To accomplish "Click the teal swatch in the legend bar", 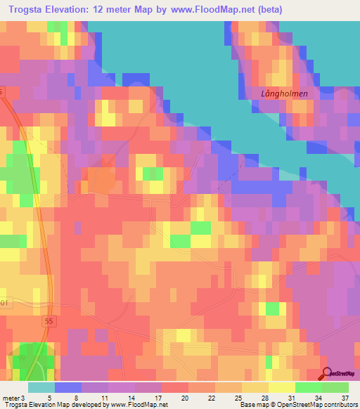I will coord(41,387).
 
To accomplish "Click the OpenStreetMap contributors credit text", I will coord(322,404).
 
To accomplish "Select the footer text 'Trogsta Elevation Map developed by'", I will coord(54,404).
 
